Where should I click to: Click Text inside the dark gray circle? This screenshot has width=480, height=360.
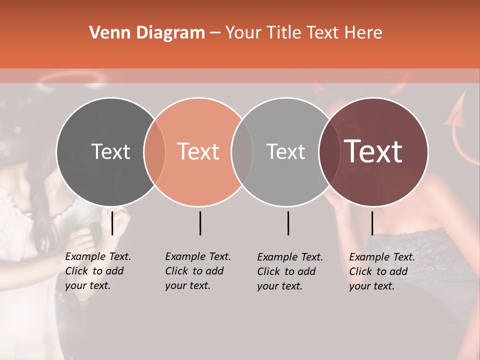(x=110, y=152)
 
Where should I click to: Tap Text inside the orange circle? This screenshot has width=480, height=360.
(x=198, y=152)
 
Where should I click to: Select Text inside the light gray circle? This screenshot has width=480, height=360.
(x=285, y=152)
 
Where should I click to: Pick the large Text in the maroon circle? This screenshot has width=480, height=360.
(x=373, y=152)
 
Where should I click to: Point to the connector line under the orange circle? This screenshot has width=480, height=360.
(x=200, y=223)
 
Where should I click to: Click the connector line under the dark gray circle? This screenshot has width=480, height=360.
(x=112, y=223)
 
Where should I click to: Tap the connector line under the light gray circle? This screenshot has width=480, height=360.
(x=288, y=223)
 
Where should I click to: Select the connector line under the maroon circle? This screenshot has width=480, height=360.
(x=372, y=223)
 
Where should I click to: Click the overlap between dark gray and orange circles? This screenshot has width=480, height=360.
(x=155, y=152)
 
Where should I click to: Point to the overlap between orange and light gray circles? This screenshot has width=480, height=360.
(x=242, y=152)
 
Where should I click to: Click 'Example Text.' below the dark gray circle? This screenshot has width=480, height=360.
(x=98, y=257)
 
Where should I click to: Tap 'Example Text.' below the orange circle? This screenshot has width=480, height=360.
(x=198, y=257)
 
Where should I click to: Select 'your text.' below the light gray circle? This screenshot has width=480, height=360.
(x=279, y=286)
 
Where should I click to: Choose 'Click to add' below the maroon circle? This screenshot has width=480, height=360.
(x=378, y=271)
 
